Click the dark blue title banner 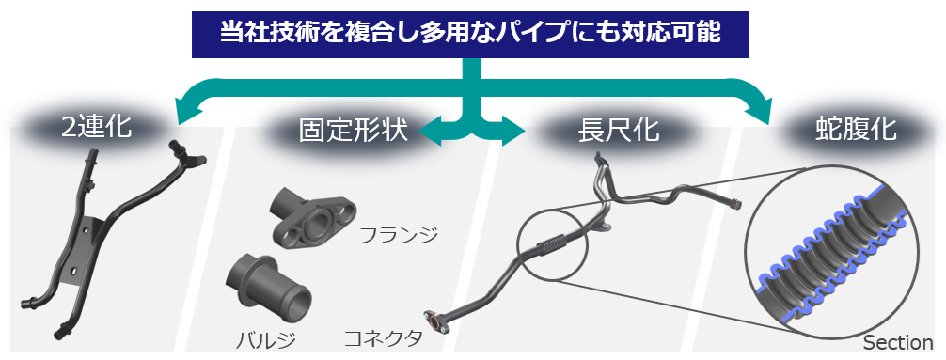469,35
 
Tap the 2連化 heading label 97,128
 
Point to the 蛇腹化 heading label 856,130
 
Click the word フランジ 398,234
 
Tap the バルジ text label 265,341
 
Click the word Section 898,342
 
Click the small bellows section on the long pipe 552,246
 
